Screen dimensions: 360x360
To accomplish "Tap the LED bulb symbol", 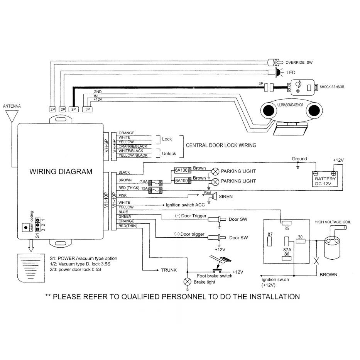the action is [278, 72].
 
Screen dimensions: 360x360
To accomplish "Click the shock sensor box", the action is [303, 87].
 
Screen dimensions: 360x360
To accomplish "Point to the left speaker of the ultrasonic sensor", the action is [269, 110].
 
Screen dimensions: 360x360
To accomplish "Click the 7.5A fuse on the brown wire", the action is [155, 183].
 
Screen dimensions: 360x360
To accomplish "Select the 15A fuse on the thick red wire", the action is [155, 190].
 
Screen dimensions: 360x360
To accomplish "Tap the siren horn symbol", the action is [215, 196].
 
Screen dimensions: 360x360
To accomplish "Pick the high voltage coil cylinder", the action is [332, 248].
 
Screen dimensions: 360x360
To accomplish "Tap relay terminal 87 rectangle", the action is [270, 241].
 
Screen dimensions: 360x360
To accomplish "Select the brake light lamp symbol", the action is [188, 282].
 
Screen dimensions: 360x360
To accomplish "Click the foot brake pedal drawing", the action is [220, 261].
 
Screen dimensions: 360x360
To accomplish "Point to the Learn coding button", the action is [26, 228].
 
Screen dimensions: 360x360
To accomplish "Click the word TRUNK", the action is [169, 270].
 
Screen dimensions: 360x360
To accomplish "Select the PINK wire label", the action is [123, 196].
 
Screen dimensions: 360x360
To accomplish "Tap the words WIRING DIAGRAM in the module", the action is [61, 171].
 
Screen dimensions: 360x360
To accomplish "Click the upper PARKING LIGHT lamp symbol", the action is [215, 171].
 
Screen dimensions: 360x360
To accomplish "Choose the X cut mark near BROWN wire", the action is [316, 261].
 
